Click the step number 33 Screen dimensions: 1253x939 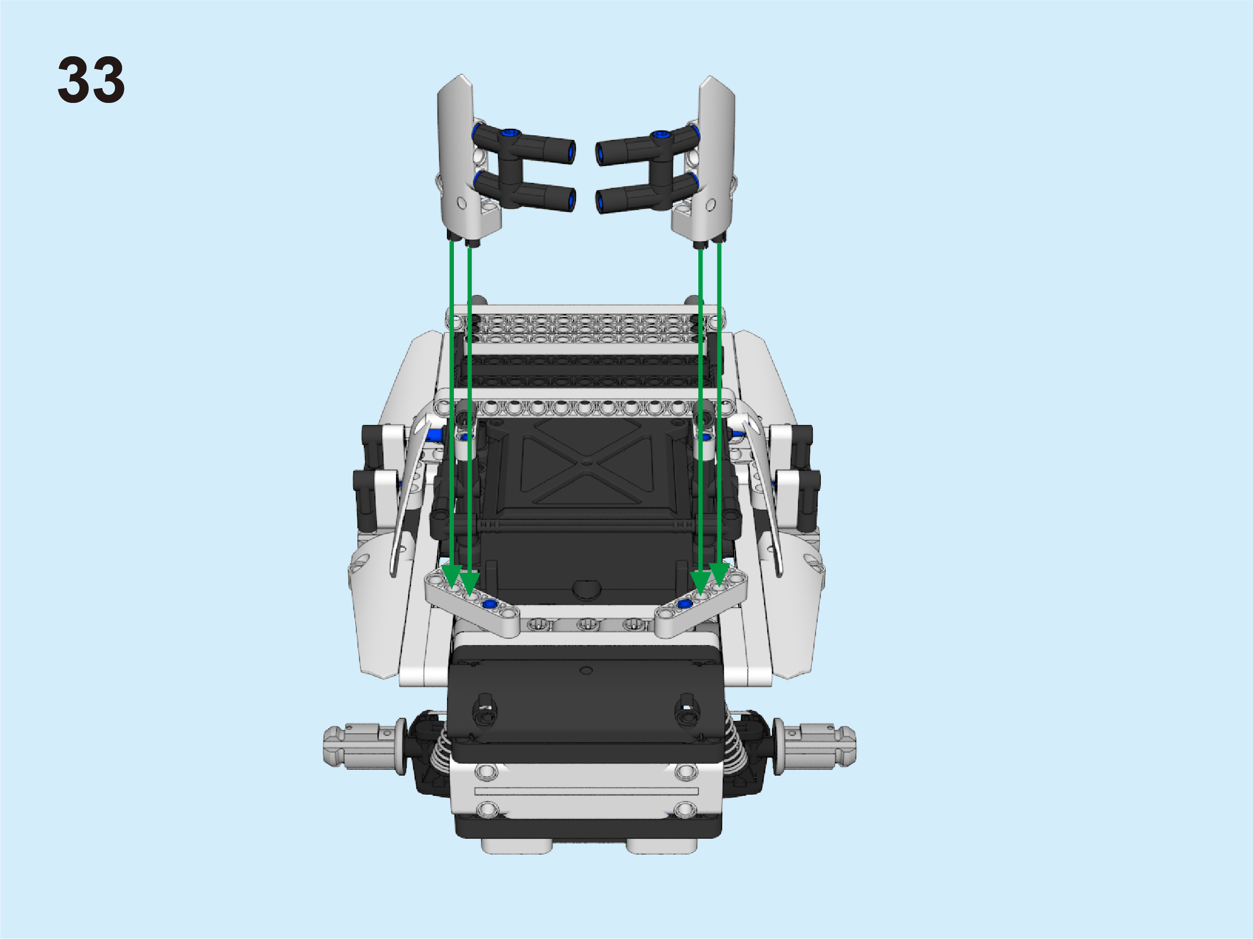coord(91,80)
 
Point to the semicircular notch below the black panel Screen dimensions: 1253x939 coord(588,589)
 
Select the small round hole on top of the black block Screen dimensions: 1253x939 coord(586,671)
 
